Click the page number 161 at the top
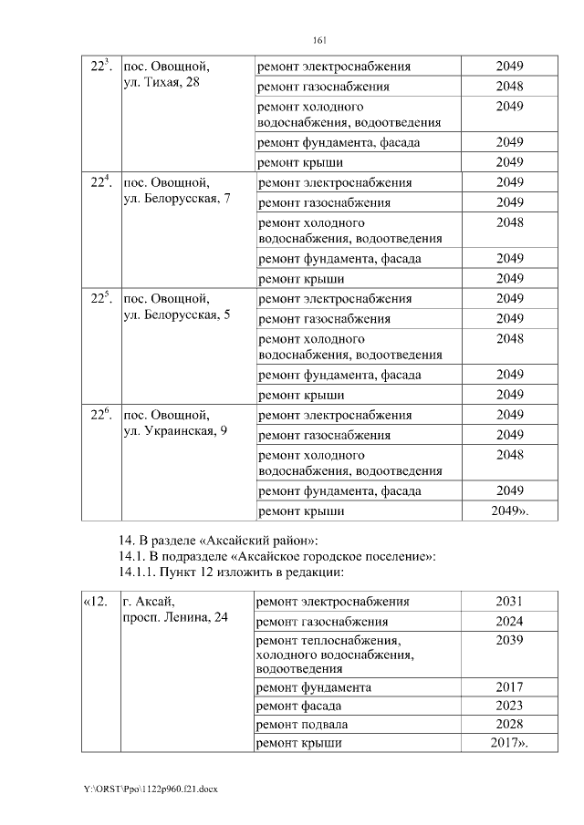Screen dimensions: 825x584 [x=319, y=39]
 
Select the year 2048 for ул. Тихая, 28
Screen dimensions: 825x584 [x=509, y=87]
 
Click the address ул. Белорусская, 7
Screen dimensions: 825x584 [x=182, y=199]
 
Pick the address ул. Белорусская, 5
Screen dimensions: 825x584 [x=182, y=315]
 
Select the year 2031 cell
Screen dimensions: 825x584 [x=509, y=602]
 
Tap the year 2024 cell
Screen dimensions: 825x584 [x=509, y=622]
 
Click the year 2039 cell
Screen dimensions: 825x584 [x=509, y=641]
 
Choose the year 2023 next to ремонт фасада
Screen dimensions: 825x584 [x=509, y=705]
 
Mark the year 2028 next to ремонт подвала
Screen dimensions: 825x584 [x=509, y=724]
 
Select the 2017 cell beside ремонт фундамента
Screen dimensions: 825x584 [x=509, y=686]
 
